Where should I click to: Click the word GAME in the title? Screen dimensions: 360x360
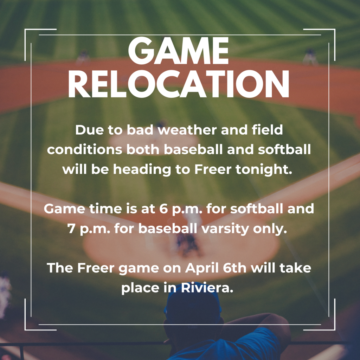[178, 51]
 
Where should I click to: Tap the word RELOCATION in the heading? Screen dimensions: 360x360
[179, 84]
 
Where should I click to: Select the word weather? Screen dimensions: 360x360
[187, 130]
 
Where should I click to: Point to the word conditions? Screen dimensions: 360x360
[84, 150]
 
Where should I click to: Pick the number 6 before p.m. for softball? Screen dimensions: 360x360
[163, 209]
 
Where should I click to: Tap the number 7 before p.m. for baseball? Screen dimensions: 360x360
[71, 229]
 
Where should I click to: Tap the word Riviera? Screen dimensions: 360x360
[207, 288]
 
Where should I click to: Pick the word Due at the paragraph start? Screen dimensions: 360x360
[90, 130]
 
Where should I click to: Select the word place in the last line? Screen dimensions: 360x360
[141, 288]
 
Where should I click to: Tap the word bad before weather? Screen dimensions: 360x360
[140, 130]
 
